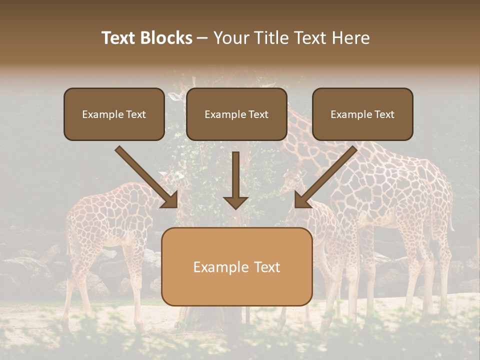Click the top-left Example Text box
(114, 114)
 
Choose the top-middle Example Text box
(236, 114)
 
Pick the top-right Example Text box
(362, 114)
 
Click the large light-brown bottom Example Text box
(237, 267)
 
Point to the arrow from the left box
(145, 175)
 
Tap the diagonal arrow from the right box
(327, 174)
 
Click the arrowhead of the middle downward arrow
(235, 202)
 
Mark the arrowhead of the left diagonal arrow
(170, 200)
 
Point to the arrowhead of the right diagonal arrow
(302, 200)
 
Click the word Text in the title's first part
(119, 38)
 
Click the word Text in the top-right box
(384, 114)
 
